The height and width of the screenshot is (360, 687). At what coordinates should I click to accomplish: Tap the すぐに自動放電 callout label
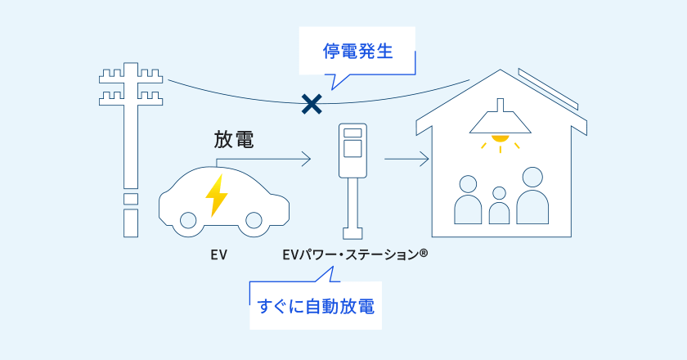[316, 308]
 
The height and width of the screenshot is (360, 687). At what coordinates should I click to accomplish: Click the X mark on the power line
[311, 103]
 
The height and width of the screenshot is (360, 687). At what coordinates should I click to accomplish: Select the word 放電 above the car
[233, 139]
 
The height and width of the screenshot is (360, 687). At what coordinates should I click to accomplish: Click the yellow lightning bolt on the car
[217, 195]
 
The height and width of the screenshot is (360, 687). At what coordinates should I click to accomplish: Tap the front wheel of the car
[254, 221]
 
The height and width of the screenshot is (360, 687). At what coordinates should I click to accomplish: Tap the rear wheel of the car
[188, 221]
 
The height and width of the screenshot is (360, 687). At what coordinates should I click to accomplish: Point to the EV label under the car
[218, 255]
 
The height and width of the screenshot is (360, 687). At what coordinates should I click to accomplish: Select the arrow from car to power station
[270, 159]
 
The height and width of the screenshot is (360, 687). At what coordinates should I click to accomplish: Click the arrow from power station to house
[406, 159]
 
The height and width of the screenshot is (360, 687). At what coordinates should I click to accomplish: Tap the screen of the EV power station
[352, 147]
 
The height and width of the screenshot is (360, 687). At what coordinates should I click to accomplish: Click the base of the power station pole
[352, 232]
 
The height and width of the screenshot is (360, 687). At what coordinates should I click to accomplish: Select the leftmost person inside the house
[469, 200]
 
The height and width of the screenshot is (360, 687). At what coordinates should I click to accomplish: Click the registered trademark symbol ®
[423, 254]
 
